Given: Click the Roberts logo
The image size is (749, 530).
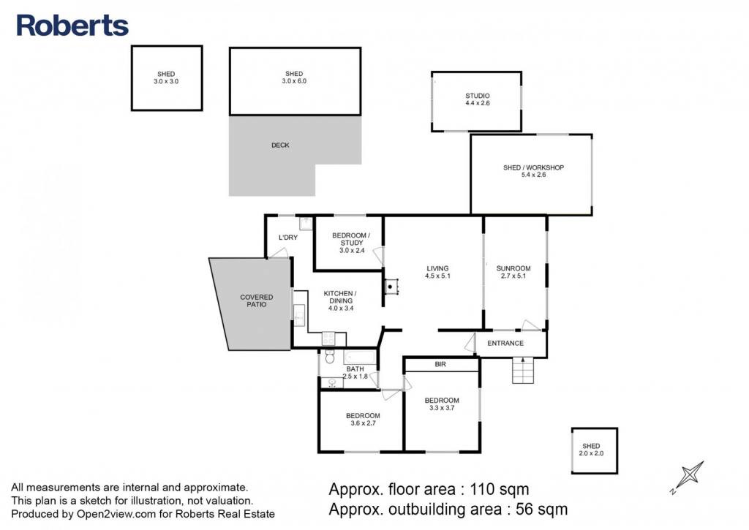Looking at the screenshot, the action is (x=72, y=26).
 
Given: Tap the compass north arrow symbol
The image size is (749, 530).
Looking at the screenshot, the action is (x=688, y=477).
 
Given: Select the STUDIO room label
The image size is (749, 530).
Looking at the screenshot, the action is (x=477, y=96).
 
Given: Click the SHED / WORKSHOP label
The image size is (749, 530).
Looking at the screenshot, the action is (x=533, y=167).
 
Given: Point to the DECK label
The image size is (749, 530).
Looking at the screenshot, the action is (x=280, y=145).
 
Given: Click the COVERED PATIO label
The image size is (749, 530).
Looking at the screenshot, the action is (x=257, y=300).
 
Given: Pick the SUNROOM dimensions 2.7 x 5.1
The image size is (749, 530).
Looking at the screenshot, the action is (x=513, y=276).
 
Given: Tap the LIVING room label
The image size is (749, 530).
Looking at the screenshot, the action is (x=437, y=268).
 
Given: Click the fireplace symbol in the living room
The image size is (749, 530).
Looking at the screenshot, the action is (x=391, y=287).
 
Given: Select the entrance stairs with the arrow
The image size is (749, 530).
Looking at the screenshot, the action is (x=523, y=370).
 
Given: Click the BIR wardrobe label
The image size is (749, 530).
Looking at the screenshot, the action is (x=440, y=364).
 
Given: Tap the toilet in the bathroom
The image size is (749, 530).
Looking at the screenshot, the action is (x=330, y=357).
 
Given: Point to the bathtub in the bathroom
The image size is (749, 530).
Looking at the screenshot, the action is (x=360, y=357).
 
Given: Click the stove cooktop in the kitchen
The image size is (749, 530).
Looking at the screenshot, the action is (x=328, y=338).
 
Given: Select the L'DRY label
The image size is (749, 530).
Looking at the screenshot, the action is (x=288, y=238).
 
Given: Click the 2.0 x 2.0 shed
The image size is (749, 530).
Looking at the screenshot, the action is (x=594, y=451).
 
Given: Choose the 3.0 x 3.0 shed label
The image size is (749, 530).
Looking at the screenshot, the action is (x=166, y=77).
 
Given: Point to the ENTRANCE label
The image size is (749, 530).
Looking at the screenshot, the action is (x=505, y=344).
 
